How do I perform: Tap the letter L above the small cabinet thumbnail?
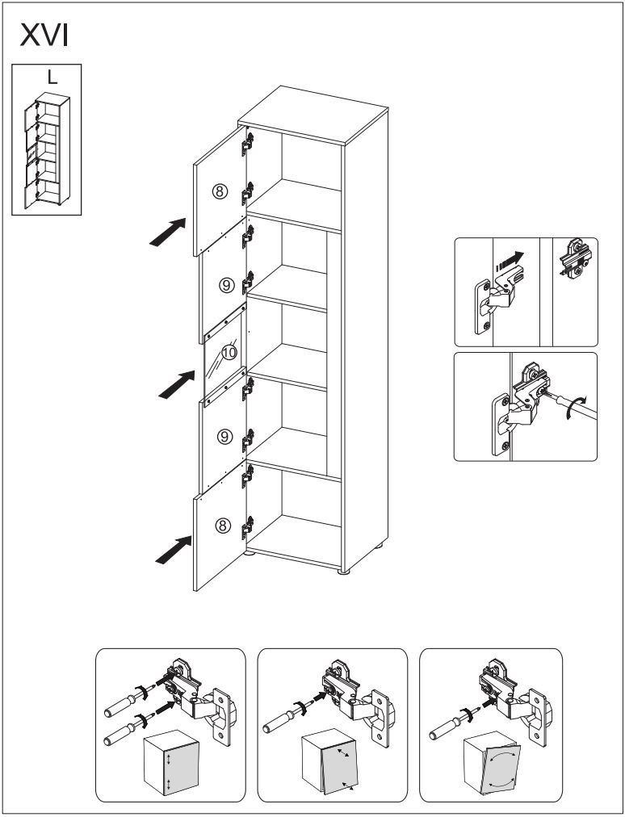tap(52, 78)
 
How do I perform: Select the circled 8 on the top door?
tap(220, 191)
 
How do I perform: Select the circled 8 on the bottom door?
tap(223, 526)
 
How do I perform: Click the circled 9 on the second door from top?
tap(227, 284)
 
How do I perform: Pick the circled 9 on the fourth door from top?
tap(226, 437)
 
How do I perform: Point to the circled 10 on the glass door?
tap(229, 352)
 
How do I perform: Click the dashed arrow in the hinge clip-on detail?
tap(509, 261)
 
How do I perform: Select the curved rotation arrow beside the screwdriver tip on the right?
tap(573, 408)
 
